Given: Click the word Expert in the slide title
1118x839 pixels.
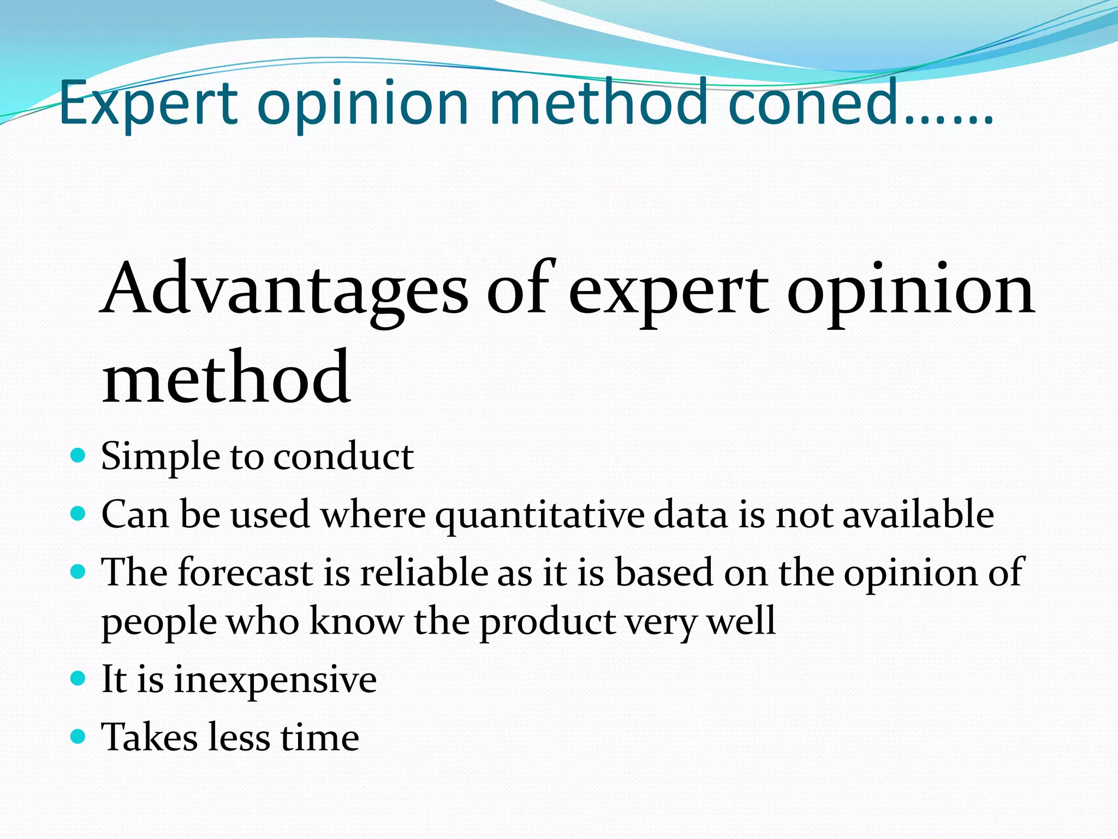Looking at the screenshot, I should (148, 104).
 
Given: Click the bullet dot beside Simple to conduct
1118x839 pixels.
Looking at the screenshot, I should (79, 455).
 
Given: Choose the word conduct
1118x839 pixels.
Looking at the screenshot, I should (343, 457).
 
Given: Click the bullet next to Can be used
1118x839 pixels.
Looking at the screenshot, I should (79, 513).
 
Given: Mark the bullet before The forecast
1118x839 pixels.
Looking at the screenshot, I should (79, 572).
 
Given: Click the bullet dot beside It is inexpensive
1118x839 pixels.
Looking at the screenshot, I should (79, 679).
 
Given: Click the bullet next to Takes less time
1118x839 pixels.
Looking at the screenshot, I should (79, 737).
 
